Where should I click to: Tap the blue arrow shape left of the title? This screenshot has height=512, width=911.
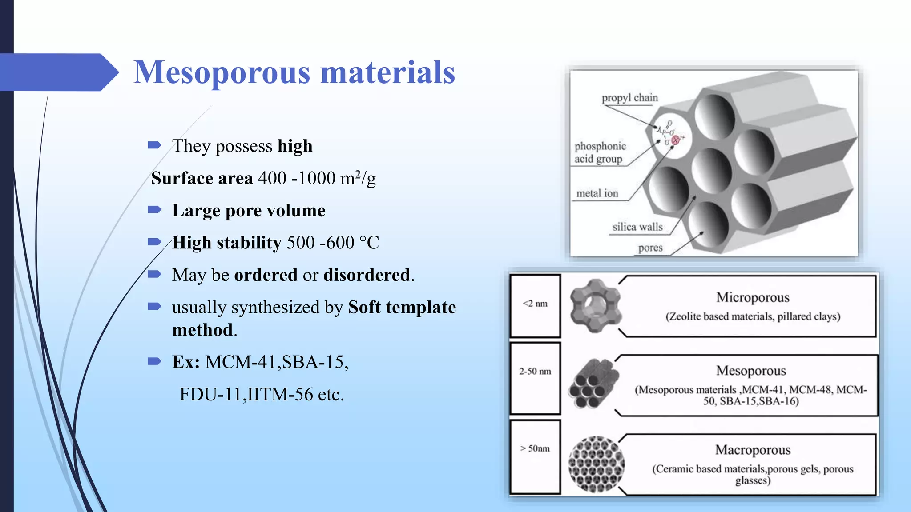tap(58, 72)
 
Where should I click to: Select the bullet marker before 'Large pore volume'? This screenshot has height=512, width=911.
tap(154, 210)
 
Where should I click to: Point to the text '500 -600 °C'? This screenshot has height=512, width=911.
tap(333, 243)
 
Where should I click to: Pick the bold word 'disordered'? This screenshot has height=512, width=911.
tap(367, 275)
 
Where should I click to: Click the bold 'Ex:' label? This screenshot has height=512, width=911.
tap(186, 362)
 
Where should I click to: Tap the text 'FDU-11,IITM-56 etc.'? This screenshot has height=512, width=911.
tap(262, 394)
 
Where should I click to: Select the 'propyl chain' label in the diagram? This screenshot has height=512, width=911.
tap(629, 98)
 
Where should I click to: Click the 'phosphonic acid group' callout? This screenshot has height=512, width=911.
tap(600, 152)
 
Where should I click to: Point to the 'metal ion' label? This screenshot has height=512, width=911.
tap(597, 193)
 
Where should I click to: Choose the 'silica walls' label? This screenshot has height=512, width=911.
tap(637, 227)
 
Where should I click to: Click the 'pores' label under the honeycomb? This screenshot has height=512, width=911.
tap(650, 248)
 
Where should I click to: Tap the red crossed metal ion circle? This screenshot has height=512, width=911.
tap(676, 140)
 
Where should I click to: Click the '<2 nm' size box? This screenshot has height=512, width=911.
tap(535, 305)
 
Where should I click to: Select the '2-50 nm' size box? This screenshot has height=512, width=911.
tap(535, 378)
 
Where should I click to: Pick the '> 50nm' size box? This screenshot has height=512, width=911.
tap(535, 456)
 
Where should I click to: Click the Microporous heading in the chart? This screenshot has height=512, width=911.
tap(753, 297)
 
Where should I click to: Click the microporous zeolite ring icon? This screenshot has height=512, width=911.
tap(595, 305)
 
